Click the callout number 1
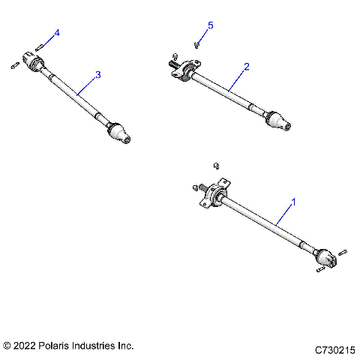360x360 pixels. click(x=294, y=202)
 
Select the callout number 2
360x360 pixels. click(x=247, y=67)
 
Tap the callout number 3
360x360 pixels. click(x=97, y=75)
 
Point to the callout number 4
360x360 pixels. click(x=57, y=32)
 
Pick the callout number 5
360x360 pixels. click(x=210, y=26)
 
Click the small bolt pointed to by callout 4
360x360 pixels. click(x=40, y=46)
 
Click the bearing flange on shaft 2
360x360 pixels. click(x=184, y=71)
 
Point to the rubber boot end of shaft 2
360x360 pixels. click(x=276, y=120)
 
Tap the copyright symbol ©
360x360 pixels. click(x=7, y=346)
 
